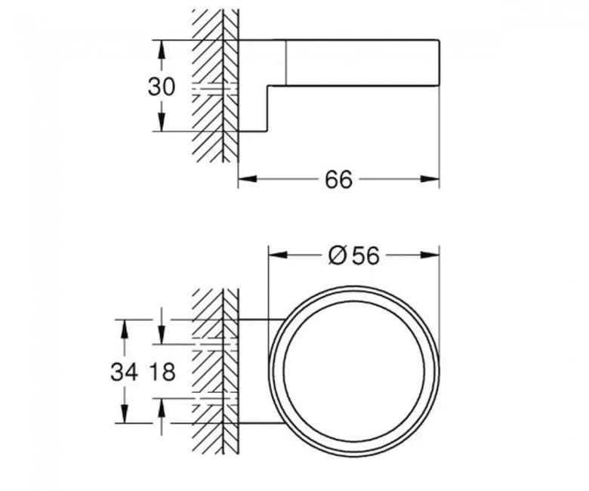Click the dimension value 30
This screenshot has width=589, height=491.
[161, 87]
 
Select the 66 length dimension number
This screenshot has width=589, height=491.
[339, 180]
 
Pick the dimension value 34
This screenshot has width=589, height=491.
[124, 372]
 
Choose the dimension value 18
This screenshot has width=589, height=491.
[162, 372]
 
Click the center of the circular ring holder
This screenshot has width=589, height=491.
[355, 372]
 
